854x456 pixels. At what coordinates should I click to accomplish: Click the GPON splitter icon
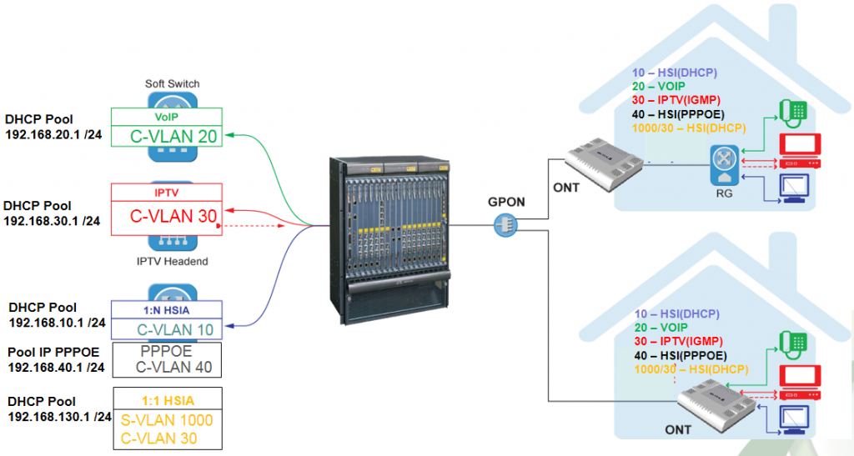click(505, 224)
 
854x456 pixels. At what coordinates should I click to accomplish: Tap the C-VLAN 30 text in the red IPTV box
click(173, 216)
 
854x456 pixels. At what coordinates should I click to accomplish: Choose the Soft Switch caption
click(172, 83)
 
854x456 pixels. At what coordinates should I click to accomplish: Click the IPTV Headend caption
click(173, 262)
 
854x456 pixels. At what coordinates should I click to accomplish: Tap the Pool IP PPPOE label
click(53, 352)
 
